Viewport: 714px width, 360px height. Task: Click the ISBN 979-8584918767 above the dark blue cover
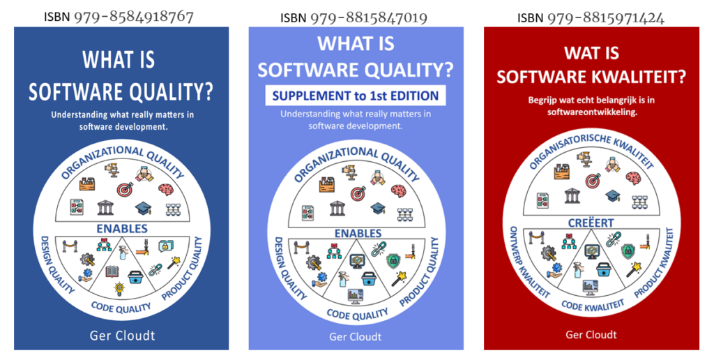pyautogui.click(x=119, y=17)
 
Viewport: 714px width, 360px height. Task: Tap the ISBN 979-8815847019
pyautogui.click(x=354, y=17)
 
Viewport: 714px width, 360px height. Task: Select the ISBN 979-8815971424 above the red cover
pyautogui.click(x=591, y=17)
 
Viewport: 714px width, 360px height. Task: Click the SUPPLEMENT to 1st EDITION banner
pyautogui.click(x=355, y=96)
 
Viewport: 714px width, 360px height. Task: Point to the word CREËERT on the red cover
pyautogui.click(x=591, y=223)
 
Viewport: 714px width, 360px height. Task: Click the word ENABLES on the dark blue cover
pyautogui.click(x=122, y=228)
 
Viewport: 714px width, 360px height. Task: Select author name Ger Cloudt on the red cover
pyautogui.click(x=591, y=335)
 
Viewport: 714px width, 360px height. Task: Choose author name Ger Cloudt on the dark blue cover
pyautogui.click(x=122, y=336)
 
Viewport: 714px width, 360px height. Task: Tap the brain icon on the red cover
pyautogui.click(x=633, y=178)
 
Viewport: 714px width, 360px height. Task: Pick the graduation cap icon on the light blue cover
pyautogui.click(x=378, y=209)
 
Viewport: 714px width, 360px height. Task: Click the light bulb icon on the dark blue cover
pyautogui.click(x=119, y=288)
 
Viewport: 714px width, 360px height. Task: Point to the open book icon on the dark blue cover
pyautogui.click(x=112, y=271)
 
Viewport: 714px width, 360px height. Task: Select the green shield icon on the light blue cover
pyautogui.click(x=393, y=262)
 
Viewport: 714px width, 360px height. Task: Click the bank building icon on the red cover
pyautogui.click(x=572, y=196)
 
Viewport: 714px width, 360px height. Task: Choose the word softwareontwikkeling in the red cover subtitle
pyautogui.click(x=592, y=112)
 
